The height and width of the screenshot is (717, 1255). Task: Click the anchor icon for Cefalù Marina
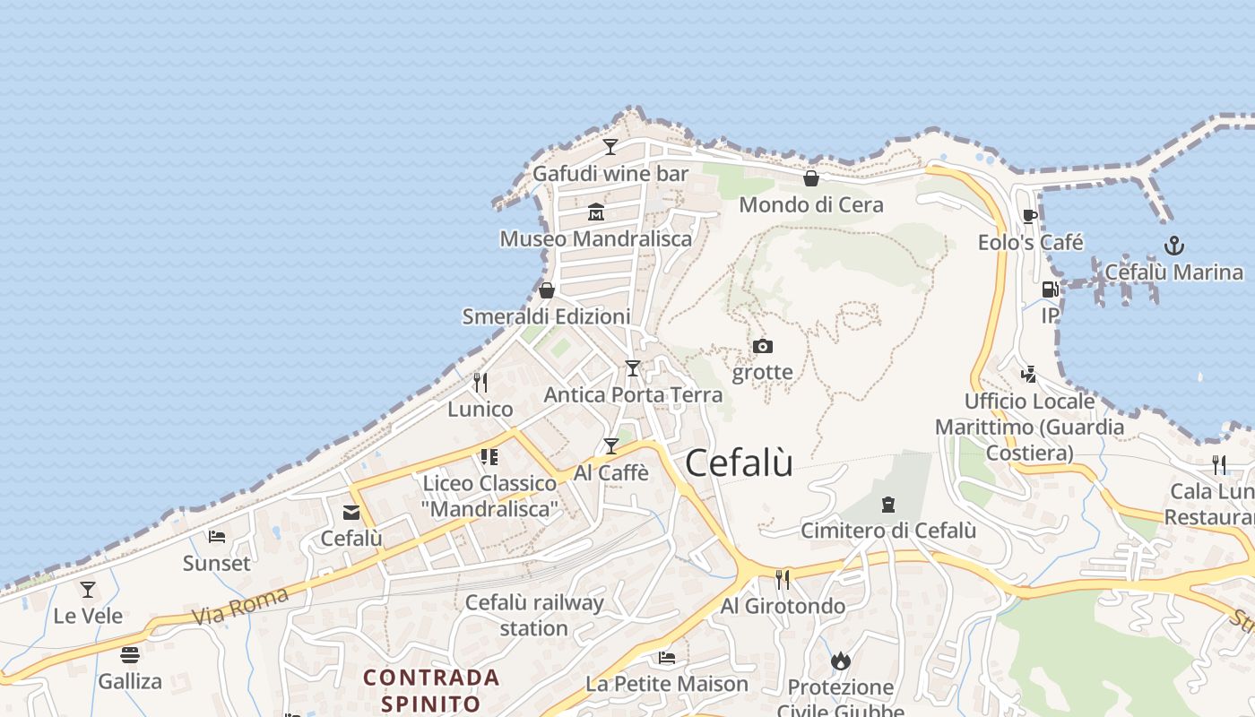[x=1173, y=246]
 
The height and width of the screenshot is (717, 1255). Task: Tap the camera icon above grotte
[x=762, y=346]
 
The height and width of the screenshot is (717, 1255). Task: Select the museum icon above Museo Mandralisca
[x=596, y=212]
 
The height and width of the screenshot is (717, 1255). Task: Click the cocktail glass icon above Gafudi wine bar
[x=610, y=147]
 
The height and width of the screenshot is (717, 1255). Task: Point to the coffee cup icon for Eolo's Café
[x=1030, y=216]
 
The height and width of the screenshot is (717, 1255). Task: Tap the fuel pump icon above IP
[x=1050, y=289]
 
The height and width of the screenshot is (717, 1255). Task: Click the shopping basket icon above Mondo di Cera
[x=811, y=178]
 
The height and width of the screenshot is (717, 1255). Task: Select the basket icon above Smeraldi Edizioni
[x=546, y=290]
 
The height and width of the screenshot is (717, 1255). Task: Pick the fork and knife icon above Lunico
[x=480, y=383]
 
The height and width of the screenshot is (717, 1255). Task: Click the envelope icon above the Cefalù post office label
[x=351, y=513]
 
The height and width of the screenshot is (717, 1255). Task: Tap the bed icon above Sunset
[x=217, y=537]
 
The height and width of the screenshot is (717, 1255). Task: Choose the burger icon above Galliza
[x=130, y=655]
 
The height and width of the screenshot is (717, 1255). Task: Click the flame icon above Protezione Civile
[x=840, y=661]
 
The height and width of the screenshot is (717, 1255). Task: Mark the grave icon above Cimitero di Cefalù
[x=888, y=505]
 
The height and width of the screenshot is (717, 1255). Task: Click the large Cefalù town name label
[x=739, y=463]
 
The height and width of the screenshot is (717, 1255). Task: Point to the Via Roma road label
[x=240, y=606]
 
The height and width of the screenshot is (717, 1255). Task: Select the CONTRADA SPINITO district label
[x=431, y=689]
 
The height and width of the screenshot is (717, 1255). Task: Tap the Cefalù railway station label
[x=534, y=615]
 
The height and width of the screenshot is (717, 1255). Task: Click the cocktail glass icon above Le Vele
[x=88, y=590]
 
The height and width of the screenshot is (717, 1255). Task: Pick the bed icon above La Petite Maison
[x=666, y=658]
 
